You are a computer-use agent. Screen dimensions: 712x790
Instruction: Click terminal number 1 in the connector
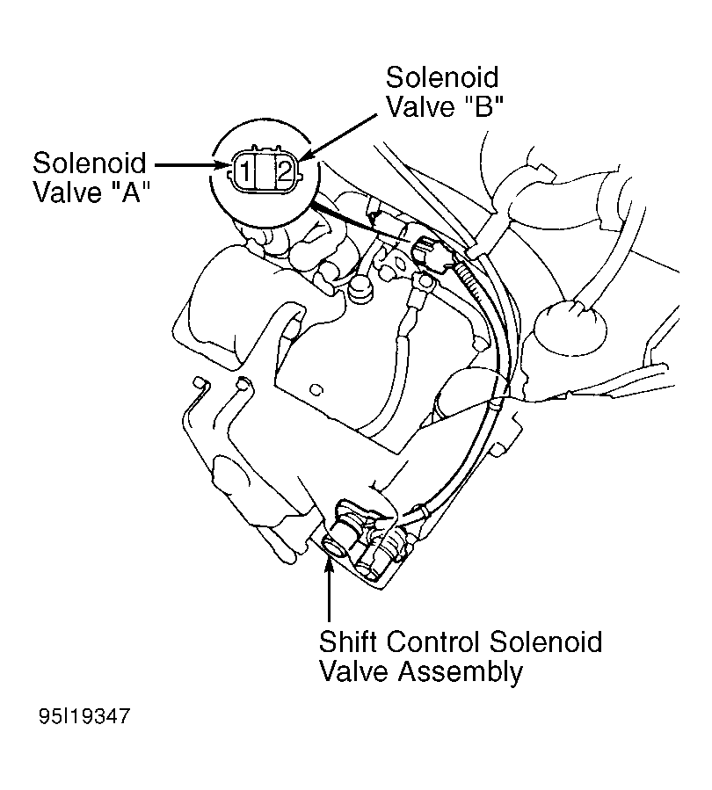coord(244,172)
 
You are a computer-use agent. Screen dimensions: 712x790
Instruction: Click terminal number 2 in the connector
coord(284,172)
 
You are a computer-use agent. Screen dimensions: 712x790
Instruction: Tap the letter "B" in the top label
coord(483,106)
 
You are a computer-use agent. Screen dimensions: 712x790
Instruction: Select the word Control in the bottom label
coord(433,641)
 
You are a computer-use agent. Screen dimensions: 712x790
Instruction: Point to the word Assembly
coord(461,673)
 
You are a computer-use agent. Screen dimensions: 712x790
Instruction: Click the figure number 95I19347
coord(84,716)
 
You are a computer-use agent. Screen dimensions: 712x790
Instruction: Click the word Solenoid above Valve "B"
coord(442,77)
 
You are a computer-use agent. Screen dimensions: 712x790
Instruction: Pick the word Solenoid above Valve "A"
coord(89,163)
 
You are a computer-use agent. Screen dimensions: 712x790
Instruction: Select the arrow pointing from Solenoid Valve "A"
coord(192,164)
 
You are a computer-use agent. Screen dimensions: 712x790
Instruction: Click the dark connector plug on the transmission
coord(425,250)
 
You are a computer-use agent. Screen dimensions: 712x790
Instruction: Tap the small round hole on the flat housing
coord(316,389)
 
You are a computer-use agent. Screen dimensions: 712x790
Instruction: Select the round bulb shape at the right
coord(570,326)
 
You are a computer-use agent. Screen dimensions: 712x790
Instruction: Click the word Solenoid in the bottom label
coord(546,641)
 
